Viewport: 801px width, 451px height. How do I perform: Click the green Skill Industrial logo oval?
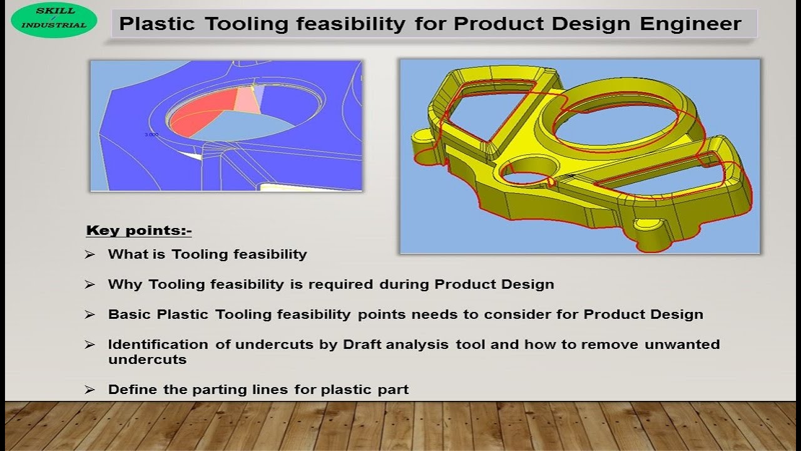pyautogui.click(x=54, y=20)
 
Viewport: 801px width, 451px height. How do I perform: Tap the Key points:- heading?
pyautogui.click(x=138, y=231)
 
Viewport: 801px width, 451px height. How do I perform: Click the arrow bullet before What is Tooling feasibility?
pyautogui.click(x=90, y=254)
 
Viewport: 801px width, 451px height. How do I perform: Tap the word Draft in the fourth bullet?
pyautogui.click(x=362, y=345)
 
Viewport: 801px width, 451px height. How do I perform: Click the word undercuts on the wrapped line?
pyautogui.click(x=147, y=360)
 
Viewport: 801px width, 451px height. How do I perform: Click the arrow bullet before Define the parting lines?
pyautogui.click(x=90, y=390)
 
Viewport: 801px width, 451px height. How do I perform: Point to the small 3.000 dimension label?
pyautogui.click(x=151, y=135)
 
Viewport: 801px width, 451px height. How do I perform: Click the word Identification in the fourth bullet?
pyautogui.click(x=158, y=345)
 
